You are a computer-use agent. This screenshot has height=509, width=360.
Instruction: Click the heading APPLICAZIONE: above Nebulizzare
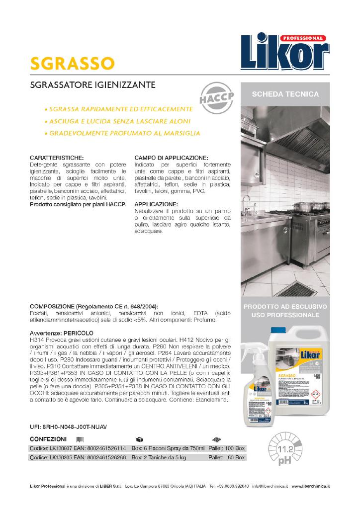pos(156,204)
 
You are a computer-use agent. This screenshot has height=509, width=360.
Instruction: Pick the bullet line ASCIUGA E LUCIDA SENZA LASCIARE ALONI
pos(117,121)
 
